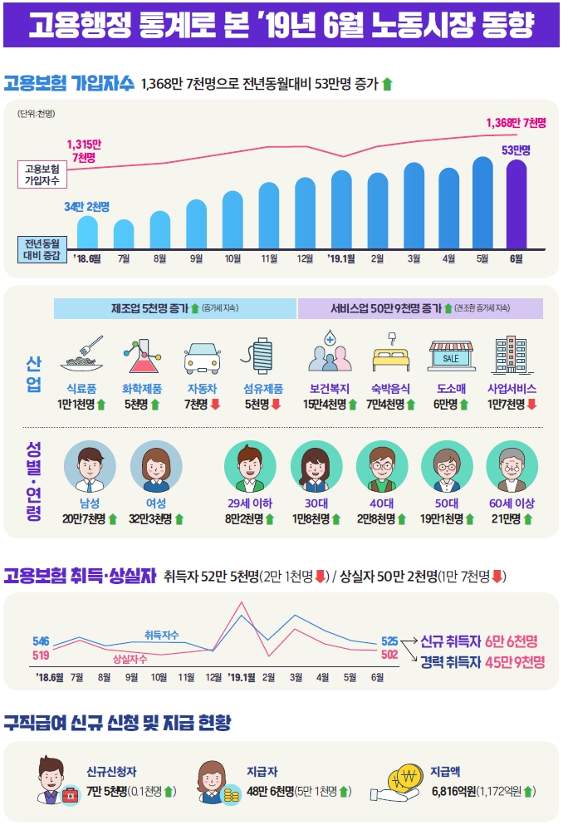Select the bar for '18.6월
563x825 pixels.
tap(87, 231)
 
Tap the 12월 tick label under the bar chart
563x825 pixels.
tap(305, 259)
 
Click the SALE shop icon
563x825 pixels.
tap(451, 356)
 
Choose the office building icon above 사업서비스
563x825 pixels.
tap(511, 356)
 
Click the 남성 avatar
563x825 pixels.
tap(90, 469)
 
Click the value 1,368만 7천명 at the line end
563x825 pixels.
tap(516, 123)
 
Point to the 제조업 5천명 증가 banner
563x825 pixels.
tap(175, 308)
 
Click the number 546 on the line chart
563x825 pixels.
tap(41, 641)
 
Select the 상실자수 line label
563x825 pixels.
tap(130, 659)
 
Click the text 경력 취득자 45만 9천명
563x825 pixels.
tap(482, 662)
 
